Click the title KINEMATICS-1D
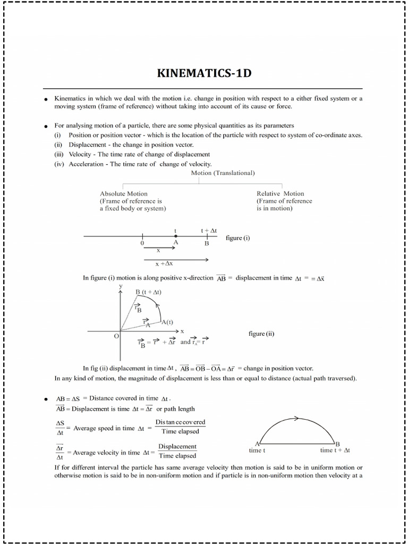coord(204,73)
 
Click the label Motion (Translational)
coord(223,173)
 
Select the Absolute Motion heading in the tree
coord(124,193)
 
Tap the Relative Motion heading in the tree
coord(280,193)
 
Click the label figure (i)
coord(237,238)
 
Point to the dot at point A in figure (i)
coord(175,236)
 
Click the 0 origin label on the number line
coord(142,243)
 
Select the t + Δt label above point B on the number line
coord(208,231)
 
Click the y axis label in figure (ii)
coord(121,286)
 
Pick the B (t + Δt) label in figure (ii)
coord(148,292)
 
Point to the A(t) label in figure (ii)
coord(167,322)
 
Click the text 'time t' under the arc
coord(257,450)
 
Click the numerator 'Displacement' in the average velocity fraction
coord(177,446)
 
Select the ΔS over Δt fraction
coord(60,428)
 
